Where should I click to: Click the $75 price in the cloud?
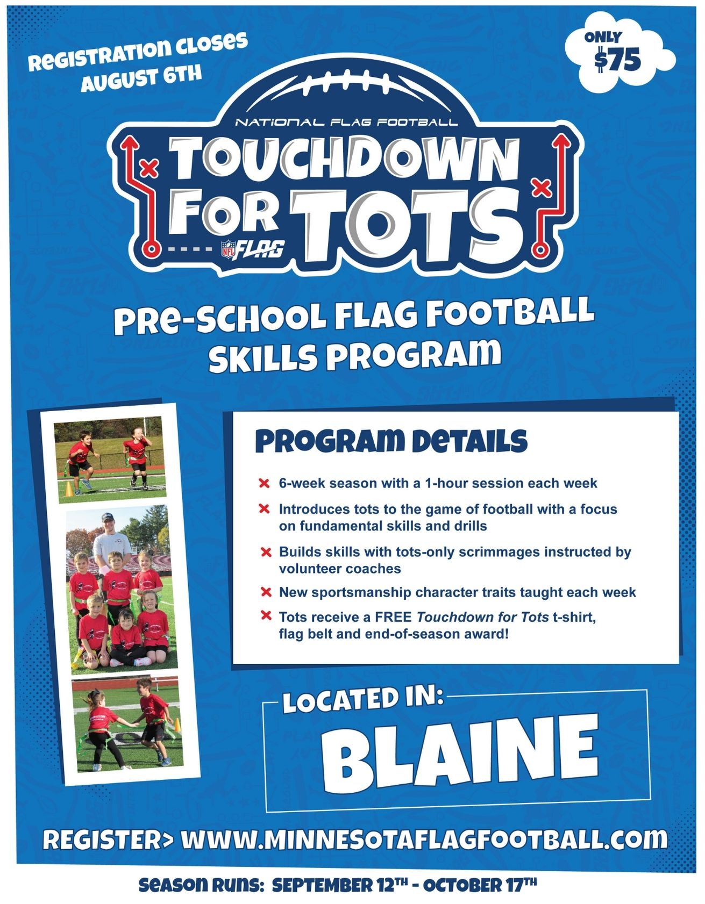(x=618, y=60)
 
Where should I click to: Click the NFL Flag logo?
(x=253, y=249)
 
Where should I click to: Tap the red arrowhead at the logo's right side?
(x=562, y=141)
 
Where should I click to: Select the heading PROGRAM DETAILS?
(x=391, y=441)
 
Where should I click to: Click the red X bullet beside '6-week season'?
(x=264, y=483)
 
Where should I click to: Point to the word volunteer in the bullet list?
(x=310, y=569)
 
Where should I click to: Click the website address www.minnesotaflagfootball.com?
(x=423, y=840)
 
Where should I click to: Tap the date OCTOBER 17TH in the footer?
(x=480, y=885)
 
